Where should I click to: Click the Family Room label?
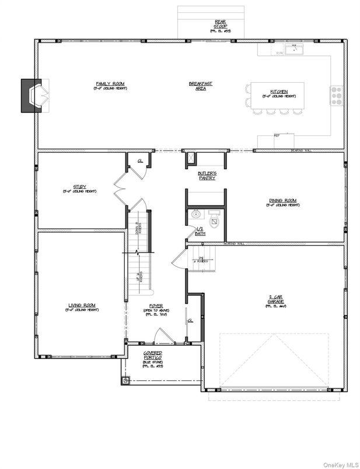(110, 85)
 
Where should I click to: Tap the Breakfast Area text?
(200, 86)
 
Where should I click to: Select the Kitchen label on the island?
(278, 92)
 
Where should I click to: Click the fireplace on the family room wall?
(32, 95)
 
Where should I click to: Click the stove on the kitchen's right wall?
(337, 95)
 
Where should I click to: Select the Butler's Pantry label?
(207, 175)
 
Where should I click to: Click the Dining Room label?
(283, 201)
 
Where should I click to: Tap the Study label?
(79, 188)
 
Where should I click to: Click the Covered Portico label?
(153, 357)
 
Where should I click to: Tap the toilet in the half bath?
(214, 218)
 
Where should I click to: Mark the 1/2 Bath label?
(200, 232)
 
